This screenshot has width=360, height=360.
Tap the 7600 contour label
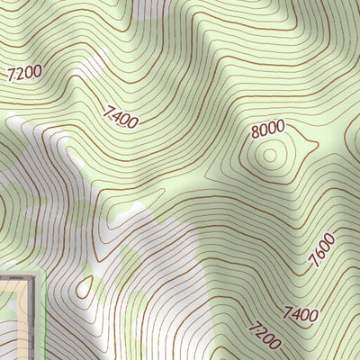(322, 251)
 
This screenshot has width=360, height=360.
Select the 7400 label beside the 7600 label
(301, 313)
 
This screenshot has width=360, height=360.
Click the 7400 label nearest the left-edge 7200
(121, 116)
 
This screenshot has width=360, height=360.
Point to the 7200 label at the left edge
(23, 74)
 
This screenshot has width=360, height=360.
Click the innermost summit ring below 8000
(268, 155)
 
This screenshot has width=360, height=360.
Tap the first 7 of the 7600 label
(314, 264)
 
